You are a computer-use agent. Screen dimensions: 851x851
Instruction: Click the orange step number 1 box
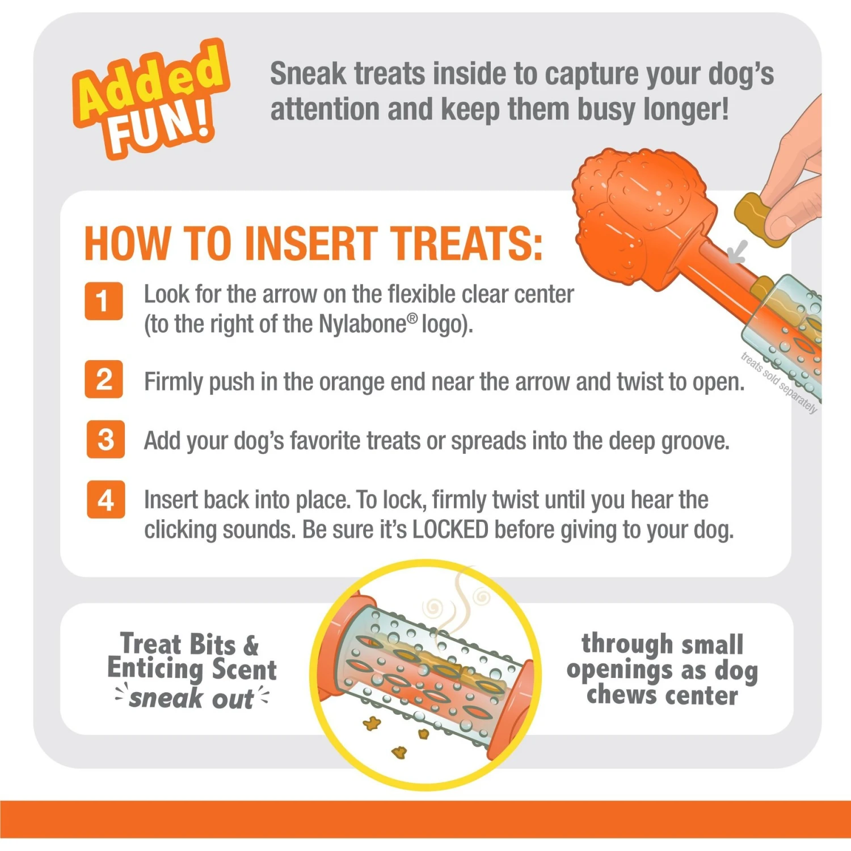pos(104,301)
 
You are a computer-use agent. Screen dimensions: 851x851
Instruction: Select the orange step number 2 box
pos(104,379)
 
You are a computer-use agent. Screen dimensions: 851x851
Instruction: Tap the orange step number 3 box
pos(106,439)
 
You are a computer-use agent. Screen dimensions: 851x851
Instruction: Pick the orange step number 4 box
pos(106,499)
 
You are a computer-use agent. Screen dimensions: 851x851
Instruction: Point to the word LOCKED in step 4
pos(450,530)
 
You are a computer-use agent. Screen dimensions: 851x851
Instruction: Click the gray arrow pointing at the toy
pos(739,251)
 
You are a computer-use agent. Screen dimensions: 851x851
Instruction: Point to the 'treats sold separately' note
pos(779,384)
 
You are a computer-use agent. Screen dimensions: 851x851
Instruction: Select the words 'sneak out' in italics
pos(191,698)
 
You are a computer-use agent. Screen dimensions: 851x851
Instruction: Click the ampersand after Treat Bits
pos(251,645)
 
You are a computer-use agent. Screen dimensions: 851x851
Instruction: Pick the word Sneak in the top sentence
pos(307,74)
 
